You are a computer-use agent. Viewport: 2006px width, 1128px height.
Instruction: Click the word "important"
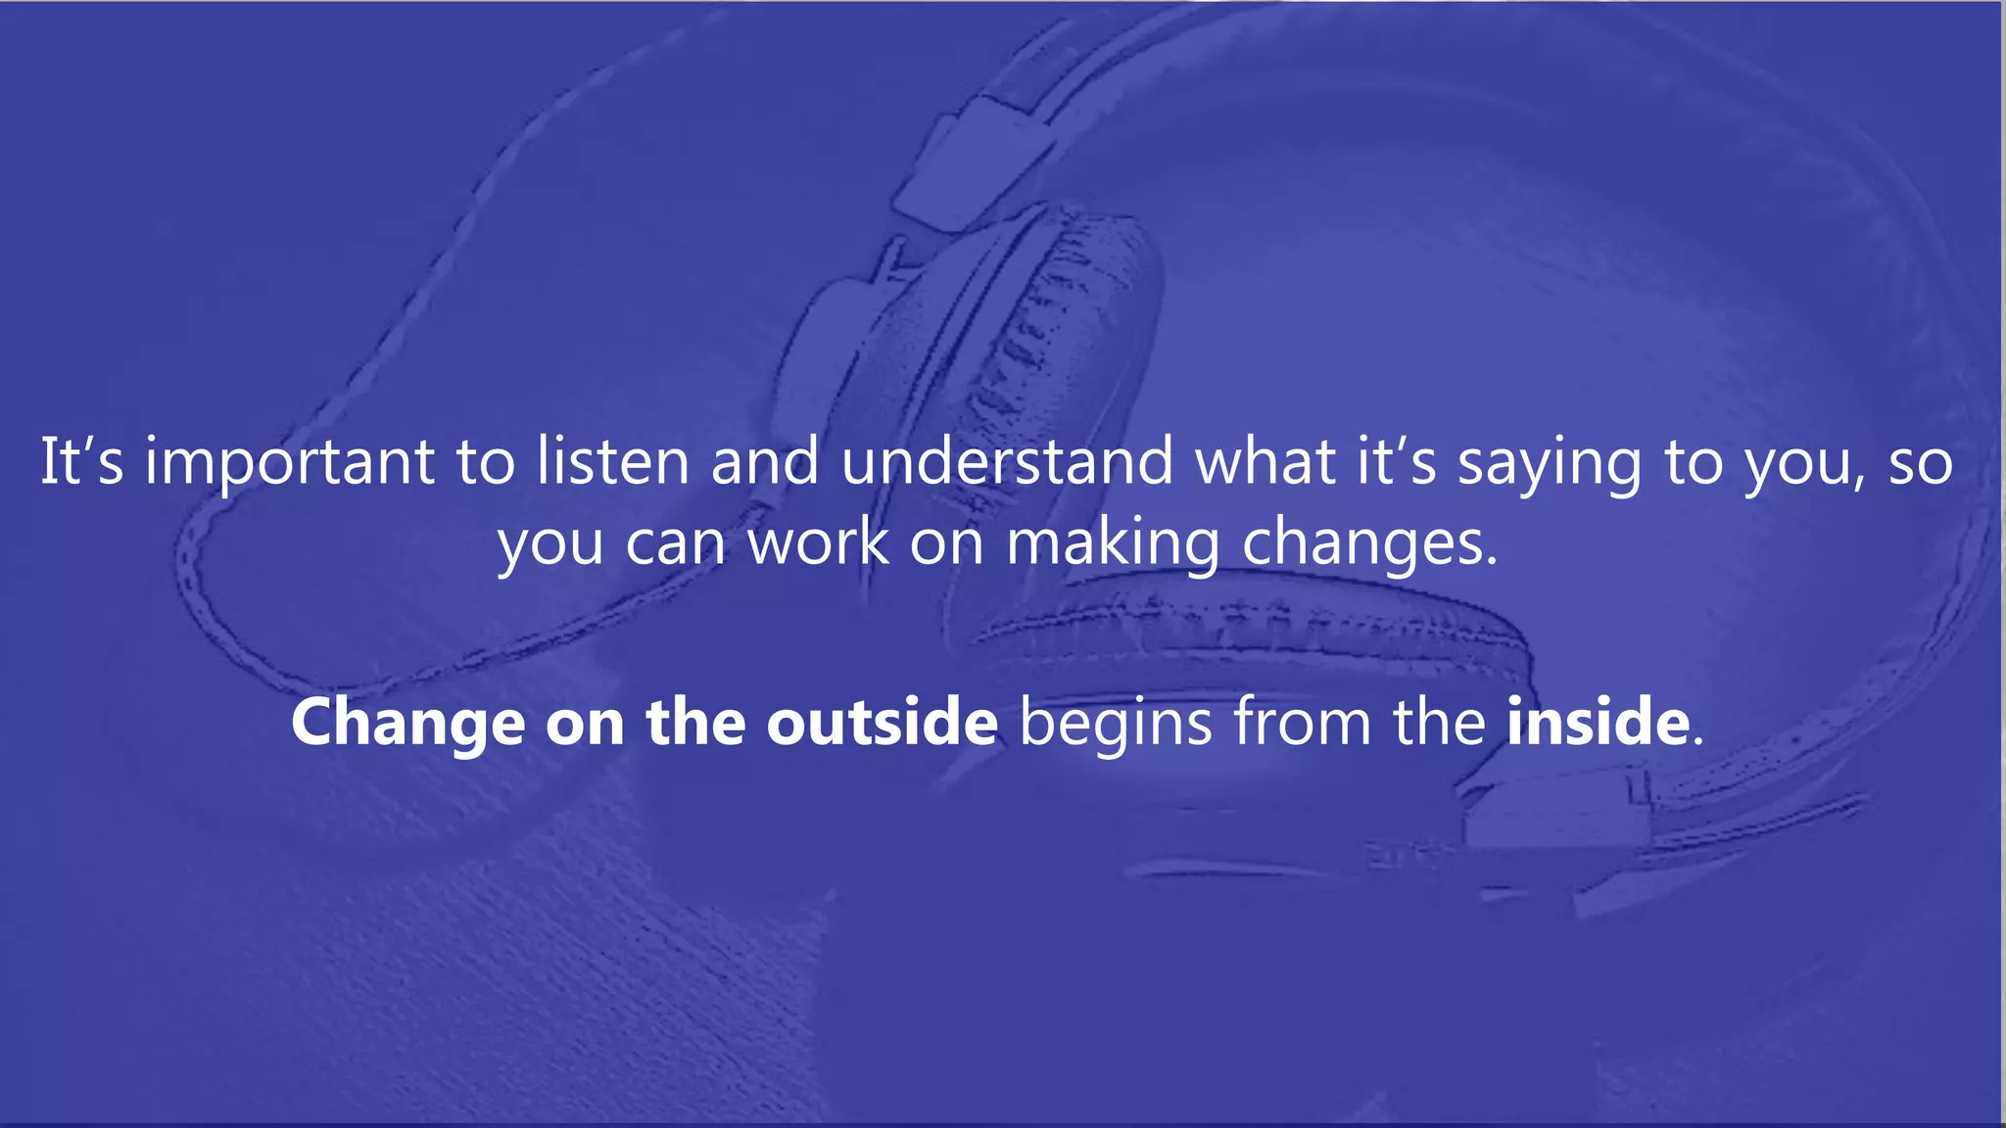coord(290,463)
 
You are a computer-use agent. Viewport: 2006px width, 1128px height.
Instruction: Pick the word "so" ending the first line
coord(1921,463)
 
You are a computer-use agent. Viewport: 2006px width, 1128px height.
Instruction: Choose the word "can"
coord(676,543)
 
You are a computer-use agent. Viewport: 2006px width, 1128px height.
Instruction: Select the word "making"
coord(1114,544)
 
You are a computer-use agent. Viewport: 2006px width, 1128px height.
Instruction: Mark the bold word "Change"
coord(407,725)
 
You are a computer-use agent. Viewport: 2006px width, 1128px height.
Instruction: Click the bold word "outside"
coord(882,723)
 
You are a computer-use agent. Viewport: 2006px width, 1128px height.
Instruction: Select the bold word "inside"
coord(1598,723)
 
